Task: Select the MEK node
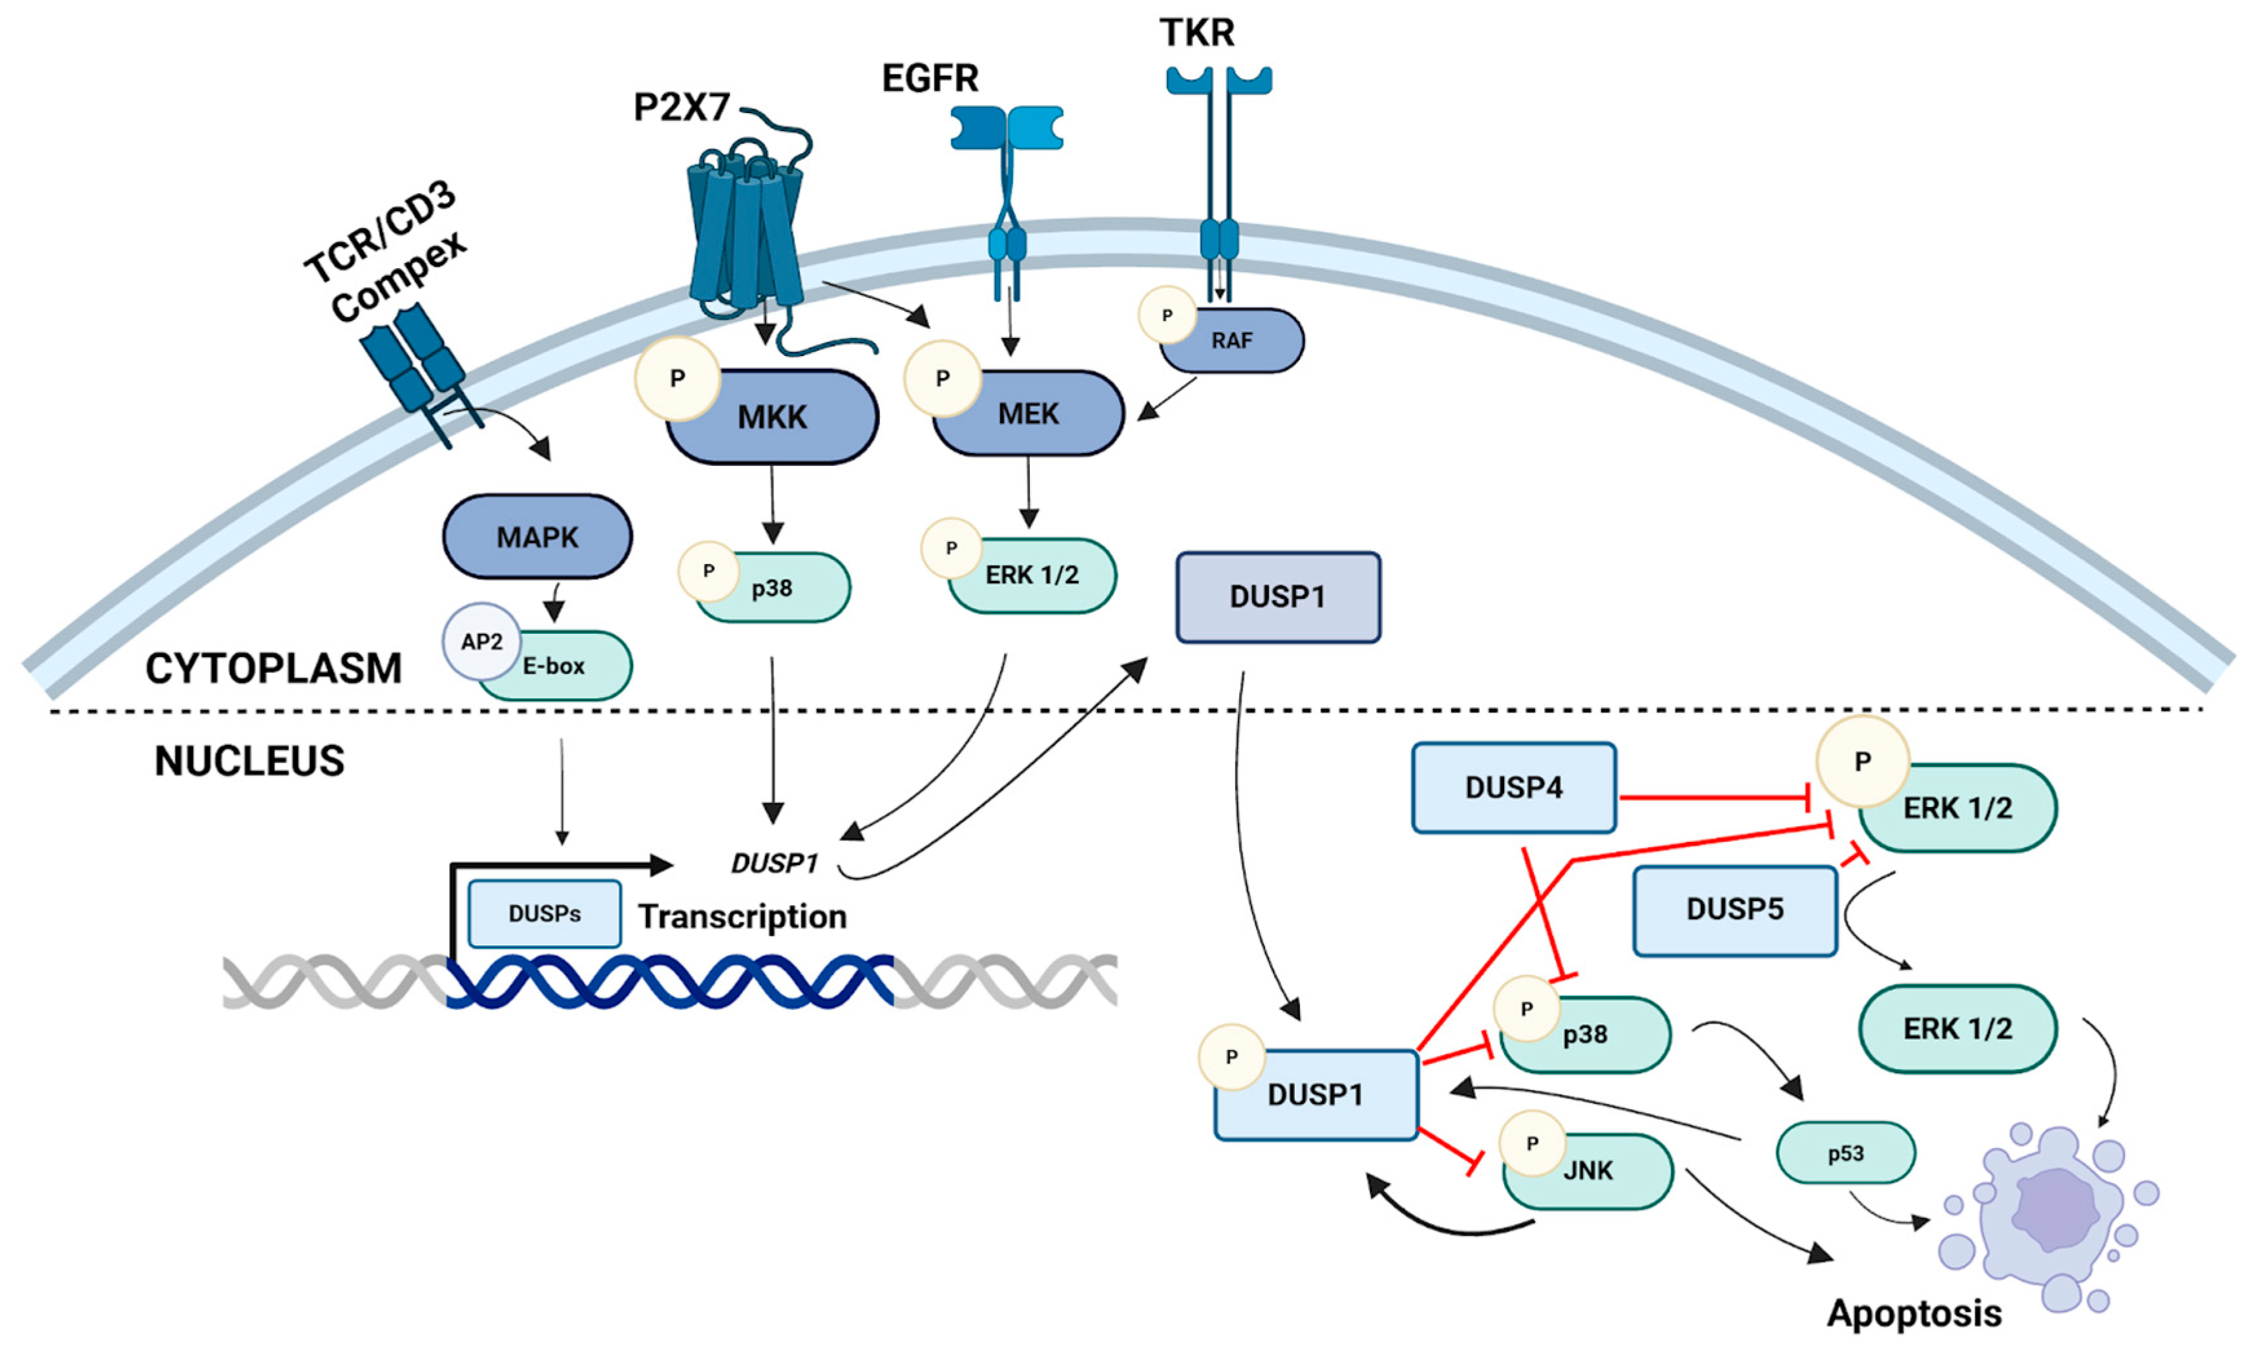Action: (1029, 413)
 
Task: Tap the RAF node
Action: (1231, 340)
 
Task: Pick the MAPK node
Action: (538, 536)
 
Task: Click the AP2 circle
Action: (481, 642)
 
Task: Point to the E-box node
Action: (554, 665)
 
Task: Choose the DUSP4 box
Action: (1514, 787)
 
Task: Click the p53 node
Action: (1845, 1153)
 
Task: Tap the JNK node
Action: (1588, 1170)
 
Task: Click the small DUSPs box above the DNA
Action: (545, 913)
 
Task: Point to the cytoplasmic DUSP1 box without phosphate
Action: (1278, 597)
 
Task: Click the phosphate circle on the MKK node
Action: (677, 379)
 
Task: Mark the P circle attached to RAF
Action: (1168, 315)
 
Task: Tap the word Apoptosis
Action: (1914, 1313)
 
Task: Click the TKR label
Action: (1197, 33)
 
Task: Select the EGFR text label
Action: (930, 78)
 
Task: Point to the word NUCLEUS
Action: (249, 760)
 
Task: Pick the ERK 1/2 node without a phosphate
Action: (1958, 1029)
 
